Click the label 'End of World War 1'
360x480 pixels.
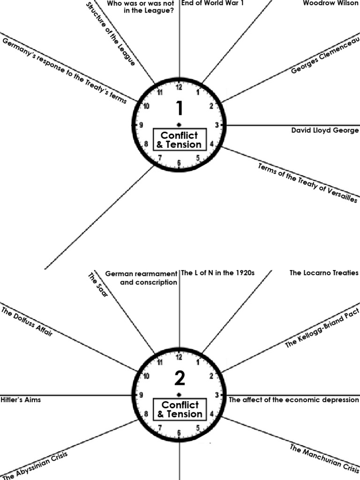click(x=212, y=3)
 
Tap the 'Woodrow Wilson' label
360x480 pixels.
click(x=330, y=3)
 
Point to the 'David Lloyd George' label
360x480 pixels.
click(x=325, y=130)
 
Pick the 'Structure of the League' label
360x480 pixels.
click(x=111, y=34)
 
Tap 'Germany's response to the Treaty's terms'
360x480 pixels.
click(x=64, y=71)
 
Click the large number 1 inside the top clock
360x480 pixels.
click(x=179, y=108)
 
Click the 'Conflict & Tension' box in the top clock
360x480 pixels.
click(x=180, y=140)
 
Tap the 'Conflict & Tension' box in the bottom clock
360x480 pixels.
click(x=180, y=409)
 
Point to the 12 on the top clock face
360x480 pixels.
click(x=179, y=87)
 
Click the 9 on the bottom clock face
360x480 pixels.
click(x=141, y=395)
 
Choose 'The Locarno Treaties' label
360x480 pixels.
click(x=324, y=273)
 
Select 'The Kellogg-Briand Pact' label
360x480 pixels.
click(x=322, y=328)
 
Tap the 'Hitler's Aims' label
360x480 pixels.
click(x=21, y=400)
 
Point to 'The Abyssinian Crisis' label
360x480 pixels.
click(x=36, y=465)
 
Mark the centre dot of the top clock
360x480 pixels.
click(x=179, y=125)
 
